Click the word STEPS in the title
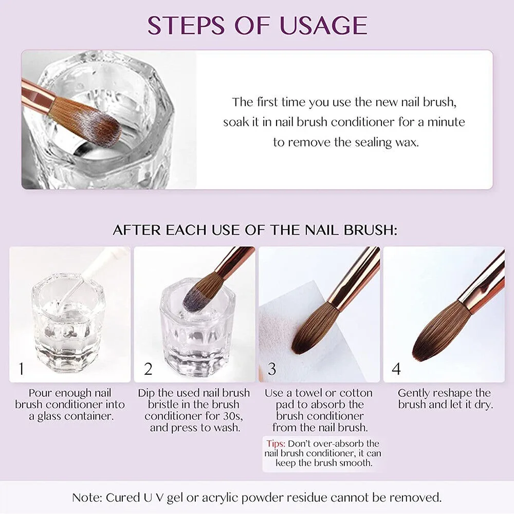192,25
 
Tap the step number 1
21,369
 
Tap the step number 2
149,369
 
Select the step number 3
272,369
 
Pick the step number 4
396,369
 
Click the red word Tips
276,443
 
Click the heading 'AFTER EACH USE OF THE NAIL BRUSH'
255,230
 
